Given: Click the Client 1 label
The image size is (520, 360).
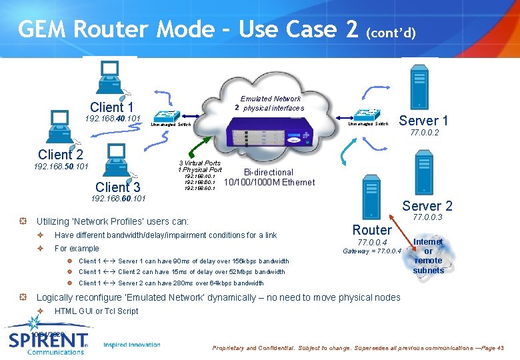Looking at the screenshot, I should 112,107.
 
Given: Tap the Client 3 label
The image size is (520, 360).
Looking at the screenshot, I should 117,187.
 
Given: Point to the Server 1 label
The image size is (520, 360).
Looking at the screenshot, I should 423,121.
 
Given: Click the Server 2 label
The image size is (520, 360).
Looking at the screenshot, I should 427,206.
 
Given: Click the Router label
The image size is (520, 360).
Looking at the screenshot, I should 371,230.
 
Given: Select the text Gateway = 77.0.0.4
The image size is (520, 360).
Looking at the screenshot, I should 371,251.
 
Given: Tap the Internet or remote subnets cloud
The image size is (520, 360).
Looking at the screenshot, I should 428,256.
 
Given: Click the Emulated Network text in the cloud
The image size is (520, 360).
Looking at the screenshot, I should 271,99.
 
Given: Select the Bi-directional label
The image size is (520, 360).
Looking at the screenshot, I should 268,172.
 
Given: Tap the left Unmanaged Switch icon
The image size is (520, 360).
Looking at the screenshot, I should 164,115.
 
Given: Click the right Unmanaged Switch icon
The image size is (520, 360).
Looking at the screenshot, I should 367,115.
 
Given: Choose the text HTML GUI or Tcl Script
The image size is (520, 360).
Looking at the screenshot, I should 97,311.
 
